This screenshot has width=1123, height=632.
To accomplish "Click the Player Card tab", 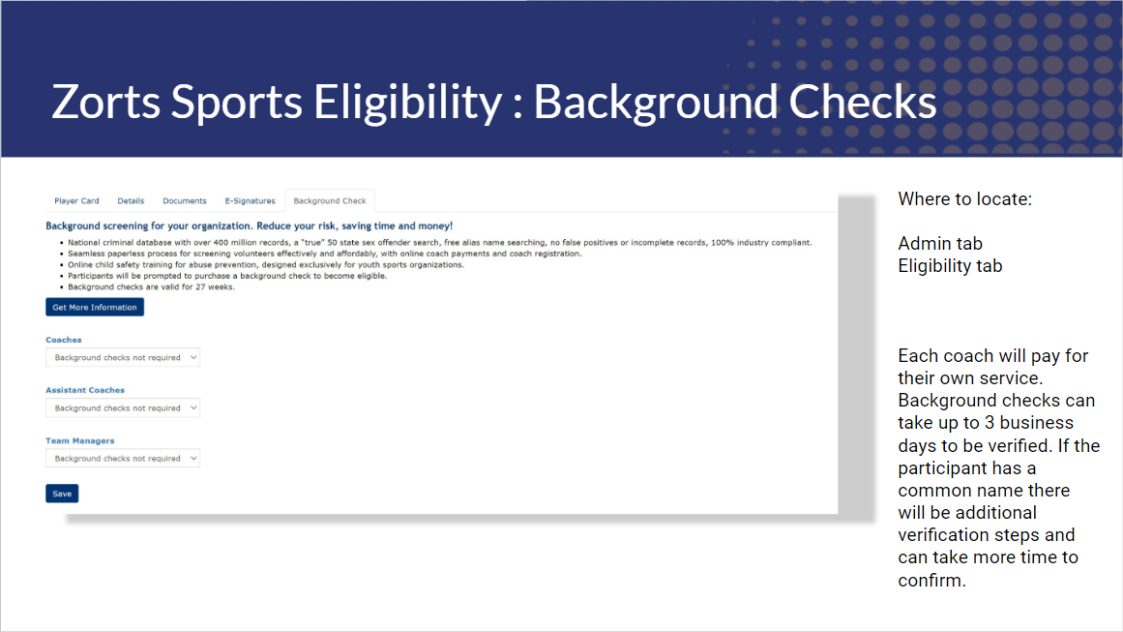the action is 76,200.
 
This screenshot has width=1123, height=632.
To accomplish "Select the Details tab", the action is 131,200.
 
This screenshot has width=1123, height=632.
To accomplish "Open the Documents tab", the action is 184,200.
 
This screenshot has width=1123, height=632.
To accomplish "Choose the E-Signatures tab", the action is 250,200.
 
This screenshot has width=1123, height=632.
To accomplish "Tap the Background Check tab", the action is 330,200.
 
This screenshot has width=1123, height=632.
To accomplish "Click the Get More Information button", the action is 95,308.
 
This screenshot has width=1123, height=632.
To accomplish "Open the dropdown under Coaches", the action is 123,357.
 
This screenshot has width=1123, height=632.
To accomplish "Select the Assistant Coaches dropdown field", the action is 123,407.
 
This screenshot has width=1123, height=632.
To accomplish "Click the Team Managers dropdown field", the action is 123,459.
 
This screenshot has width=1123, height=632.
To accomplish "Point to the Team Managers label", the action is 80,440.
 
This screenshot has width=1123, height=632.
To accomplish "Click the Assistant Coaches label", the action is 85,390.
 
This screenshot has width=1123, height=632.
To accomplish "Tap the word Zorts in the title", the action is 106,102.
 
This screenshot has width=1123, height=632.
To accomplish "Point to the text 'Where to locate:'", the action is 964,199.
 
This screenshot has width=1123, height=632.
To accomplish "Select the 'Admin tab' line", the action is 940,244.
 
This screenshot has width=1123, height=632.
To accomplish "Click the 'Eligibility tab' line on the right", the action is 951,266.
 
